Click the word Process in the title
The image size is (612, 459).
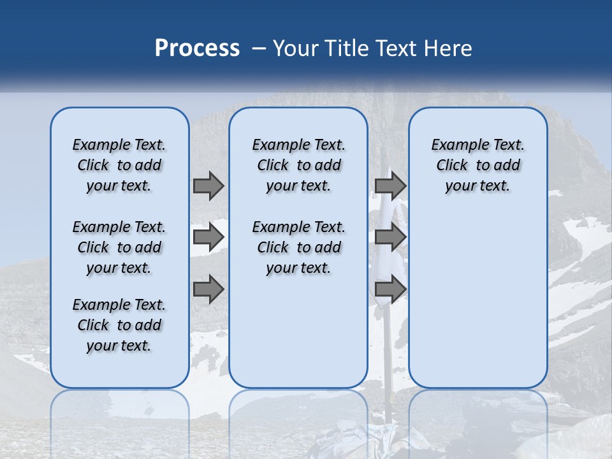(197, 48)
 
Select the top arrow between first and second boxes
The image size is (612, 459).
(208, 186)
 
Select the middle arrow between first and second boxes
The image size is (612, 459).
(208, 237)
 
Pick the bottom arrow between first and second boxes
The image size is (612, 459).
(208, 290)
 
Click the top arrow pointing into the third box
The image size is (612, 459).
(391, 186)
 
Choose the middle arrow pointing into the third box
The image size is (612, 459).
(391, 237)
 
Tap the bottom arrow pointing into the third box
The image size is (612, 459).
(391, 290)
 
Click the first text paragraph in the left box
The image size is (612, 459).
(119, 165)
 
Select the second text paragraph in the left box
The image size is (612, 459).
(119, 247)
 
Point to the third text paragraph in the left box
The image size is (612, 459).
(119, 325)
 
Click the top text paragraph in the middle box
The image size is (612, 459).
(299, 165)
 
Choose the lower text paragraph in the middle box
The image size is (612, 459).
(299, 247)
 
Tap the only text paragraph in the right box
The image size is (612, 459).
(478, 165)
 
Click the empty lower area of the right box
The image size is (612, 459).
(478, 300)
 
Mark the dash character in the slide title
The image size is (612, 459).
(259, 48)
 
